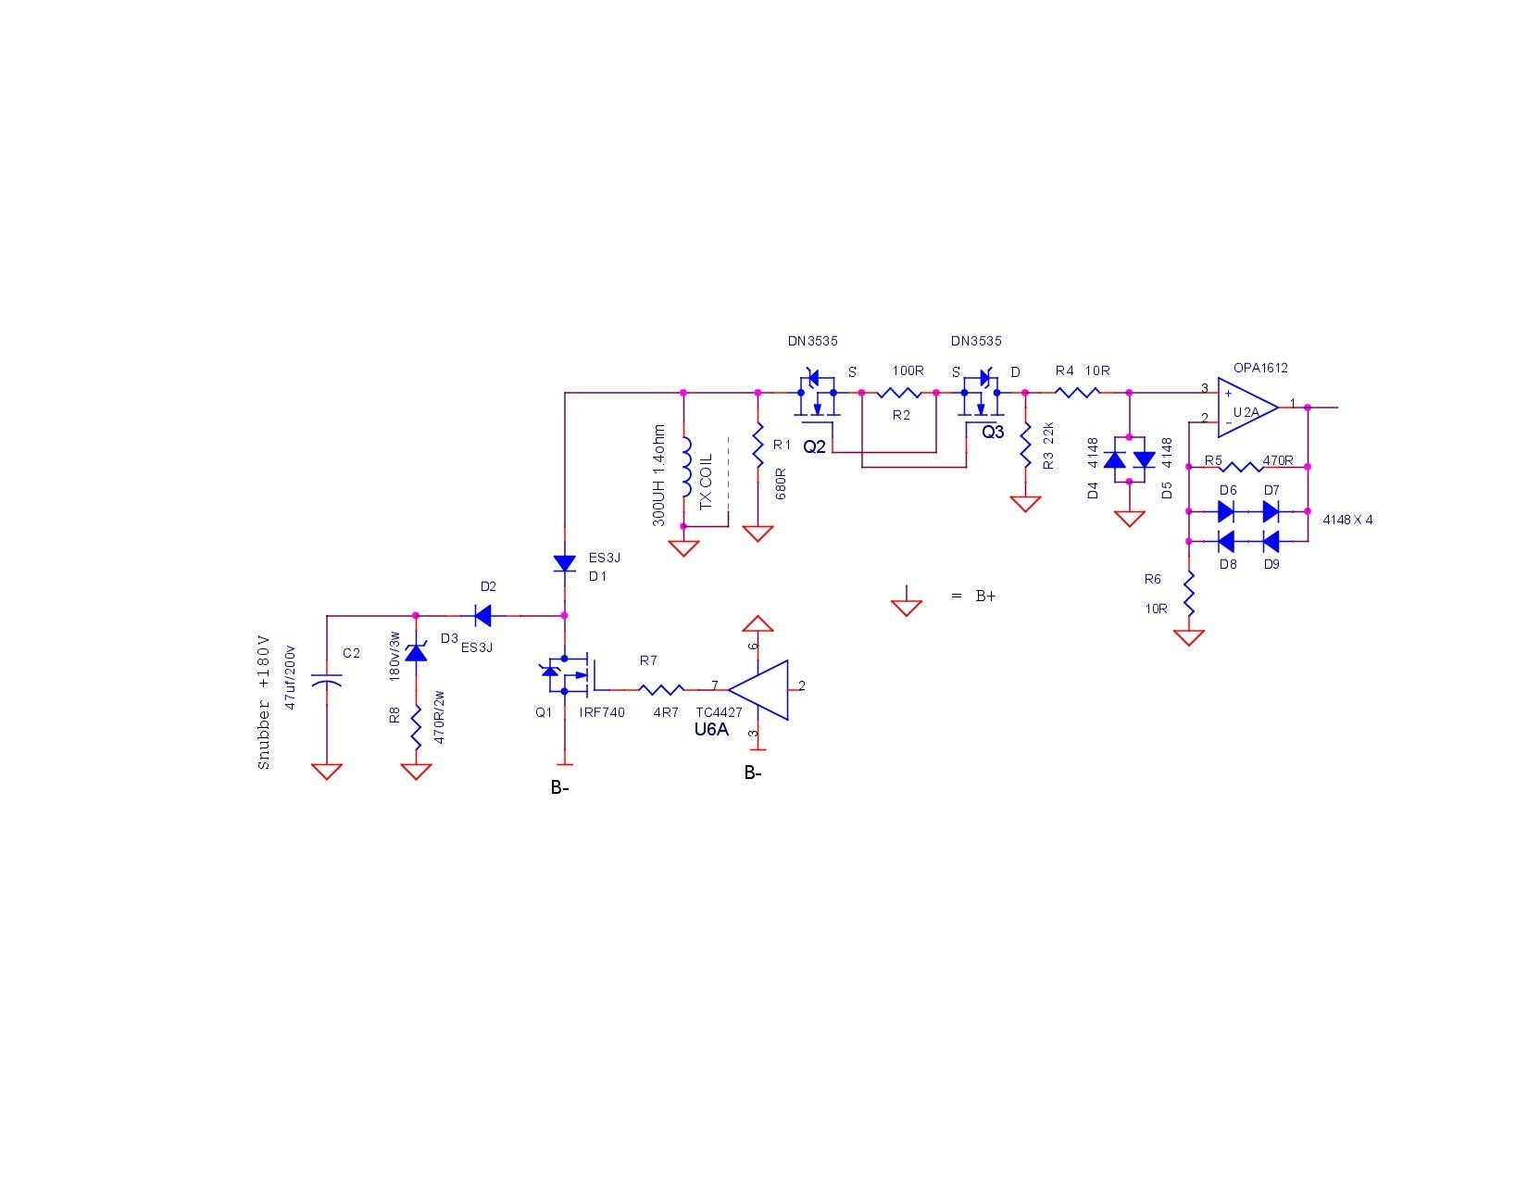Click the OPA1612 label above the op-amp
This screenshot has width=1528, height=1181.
[1260, 368]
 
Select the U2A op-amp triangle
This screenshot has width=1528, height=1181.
[1246, 408]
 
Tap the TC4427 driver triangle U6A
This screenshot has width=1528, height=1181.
[758, 689]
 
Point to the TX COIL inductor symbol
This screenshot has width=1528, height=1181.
[686, 468]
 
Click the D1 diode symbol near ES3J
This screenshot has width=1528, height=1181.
[565, 563]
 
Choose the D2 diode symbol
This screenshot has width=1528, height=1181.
[483, 615]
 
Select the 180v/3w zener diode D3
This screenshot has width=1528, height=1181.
[417, 652]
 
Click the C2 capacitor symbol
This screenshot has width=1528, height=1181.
[327, 679]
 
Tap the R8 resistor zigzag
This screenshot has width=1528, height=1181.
[417, 727]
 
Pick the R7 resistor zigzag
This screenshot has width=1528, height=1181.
[660, 689]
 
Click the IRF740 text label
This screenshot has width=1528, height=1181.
[602, 712]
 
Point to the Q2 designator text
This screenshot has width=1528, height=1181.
[814, 446]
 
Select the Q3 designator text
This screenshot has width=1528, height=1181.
[993, 432]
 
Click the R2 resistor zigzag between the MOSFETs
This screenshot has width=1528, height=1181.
[898, 393]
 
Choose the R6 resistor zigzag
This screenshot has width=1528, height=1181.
[1189, 594]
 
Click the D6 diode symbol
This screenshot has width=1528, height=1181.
[1225, 511]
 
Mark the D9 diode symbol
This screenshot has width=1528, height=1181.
[1271, 541]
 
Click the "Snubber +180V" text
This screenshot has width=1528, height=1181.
[264, 702]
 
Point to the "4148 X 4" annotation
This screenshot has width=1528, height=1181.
[1347, 520]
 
